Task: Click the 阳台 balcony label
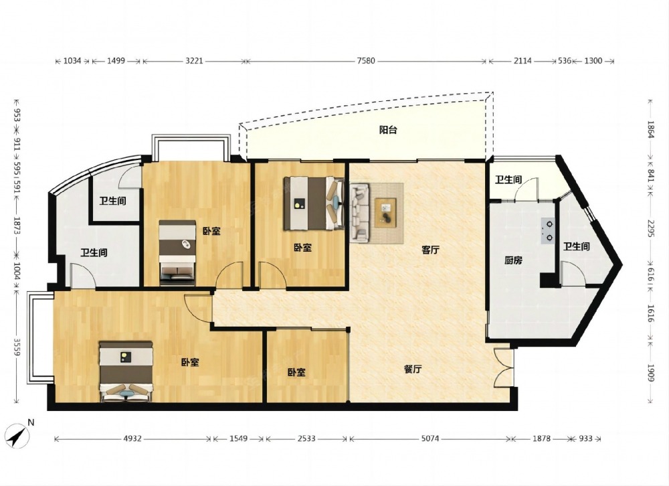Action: coord(388,130)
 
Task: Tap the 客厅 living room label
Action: coord(430,250)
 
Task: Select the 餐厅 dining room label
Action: coord(413,369)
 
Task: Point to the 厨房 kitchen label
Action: coord(513,260)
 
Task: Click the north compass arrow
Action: coord(18,435)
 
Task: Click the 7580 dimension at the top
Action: coord(366,61)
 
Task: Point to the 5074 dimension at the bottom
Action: coord(429,438)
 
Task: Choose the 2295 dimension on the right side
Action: coord(650,230)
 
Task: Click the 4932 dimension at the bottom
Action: coord(132,438)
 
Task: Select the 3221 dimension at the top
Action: coord(194,61)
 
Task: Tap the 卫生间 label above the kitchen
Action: coord(508,180)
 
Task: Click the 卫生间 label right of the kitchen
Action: coord(576,246)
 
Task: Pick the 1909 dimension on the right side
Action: coord(650,374)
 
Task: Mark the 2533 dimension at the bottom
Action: coord(306,438)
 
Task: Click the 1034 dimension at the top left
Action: coord(72,61)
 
